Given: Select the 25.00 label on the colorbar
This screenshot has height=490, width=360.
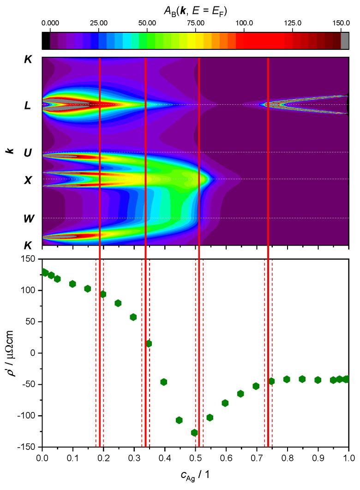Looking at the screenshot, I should coord(98,22).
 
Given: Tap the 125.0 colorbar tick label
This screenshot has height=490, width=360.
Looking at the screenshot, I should coord(293,22).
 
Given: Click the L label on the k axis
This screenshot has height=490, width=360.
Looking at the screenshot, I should coord(28,106).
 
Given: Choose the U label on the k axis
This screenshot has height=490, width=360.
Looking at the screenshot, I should coord(28,153).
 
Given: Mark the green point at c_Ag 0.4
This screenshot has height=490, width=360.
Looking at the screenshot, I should coord(164,382).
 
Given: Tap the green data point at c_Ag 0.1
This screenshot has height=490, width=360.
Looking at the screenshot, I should coord(72,284).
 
